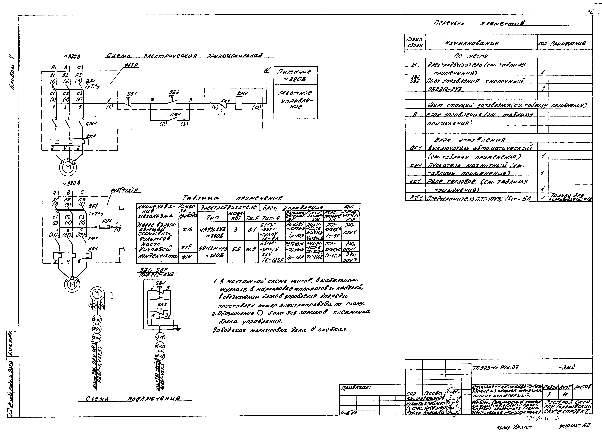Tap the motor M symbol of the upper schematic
[68, 167]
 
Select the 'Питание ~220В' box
[295, 75]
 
